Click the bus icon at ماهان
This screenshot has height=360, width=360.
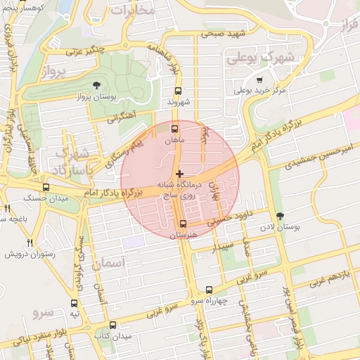(x=175, y=129)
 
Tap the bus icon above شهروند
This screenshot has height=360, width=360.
(x=178, y=91)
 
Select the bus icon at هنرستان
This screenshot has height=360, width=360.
(x=183, y=224)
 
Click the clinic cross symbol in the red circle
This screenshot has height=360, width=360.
(x=179, y=173)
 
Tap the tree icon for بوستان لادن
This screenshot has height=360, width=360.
(x=281, y=216)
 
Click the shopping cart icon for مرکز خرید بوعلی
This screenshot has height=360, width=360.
(x=260, y=80)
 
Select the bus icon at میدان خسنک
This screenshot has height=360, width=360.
(x=46, y=187)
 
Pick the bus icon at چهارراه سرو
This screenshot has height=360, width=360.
(x=209, y=290)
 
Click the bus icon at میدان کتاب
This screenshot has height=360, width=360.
(x=112, y=325)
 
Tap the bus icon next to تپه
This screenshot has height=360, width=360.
(x=75, y=303)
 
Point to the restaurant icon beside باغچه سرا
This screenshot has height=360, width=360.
(x=8, y=208)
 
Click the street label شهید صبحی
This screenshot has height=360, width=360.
(x=224, y=33)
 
